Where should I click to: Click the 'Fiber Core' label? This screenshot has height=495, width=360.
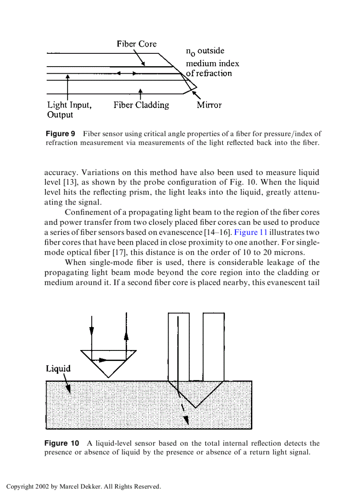[x=136, y=44]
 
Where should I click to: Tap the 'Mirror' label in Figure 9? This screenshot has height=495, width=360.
[x=209, y=105]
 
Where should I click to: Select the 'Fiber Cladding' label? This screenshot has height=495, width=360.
[x=141, y=105]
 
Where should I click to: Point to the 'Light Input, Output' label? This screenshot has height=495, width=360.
[x=69, y=110]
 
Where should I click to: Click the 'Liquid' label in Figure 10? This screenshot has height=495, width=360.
[x=58, y=368]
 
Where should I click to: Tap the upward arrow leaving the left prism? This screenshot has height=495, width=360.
[x=127, y=335]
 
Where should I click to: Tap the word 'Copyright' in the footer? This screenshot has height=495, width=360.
[x=20, y=487]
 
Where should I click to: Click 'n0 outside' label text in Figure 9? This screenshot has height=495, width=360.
[x=205, y=51]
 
